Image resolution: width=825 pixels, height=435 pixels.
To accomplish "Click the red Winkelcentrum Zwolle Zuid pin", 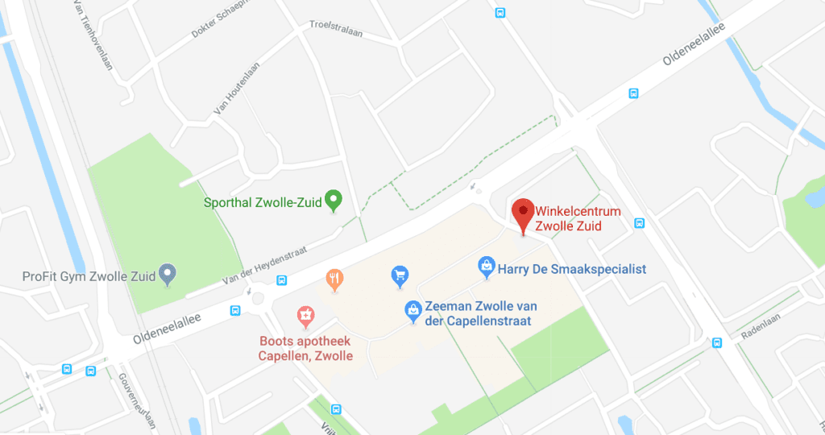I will [523, 213].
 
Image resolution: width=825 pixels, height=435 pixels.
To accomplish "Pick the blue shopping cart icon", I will [399, 276].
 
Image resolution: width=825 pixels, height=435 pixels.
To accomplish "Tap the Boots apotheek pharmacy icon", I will [305, 315].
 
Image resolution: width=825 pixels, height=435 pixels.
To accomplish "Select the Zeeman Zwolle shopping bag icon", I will [412, 309].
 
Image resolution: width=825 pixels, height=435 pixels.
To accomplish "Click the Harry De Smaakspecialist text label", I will [572, 269].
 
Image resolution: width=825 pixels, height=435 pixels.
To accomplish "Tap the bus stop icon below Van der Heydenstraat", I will [281, 280].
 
